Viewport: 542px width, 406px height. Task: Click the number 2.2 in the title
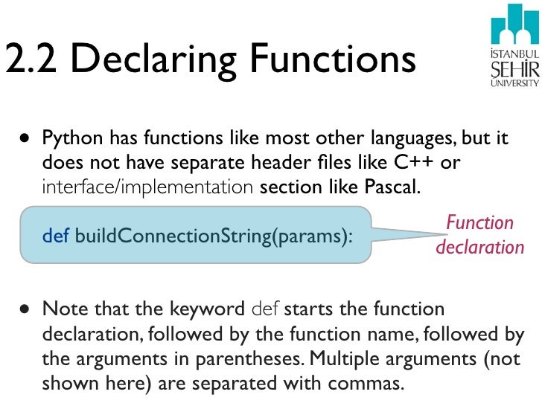(x=30, y=59)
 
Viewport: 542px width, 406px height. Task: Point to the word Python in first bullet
(x=72, y=139)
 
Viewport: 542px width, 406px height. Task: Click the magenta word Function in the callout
(x=479, y=223)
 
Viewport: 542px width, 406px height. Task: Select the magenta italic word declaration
(x=479, y=246)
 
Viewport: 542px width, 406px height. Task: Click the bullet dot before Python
(x=26, y=139)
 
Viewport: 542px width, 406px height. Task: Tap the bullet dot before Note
(x=26, y=309)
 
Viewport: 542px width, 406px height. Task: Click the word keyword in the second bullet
(x=212, y=309)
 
